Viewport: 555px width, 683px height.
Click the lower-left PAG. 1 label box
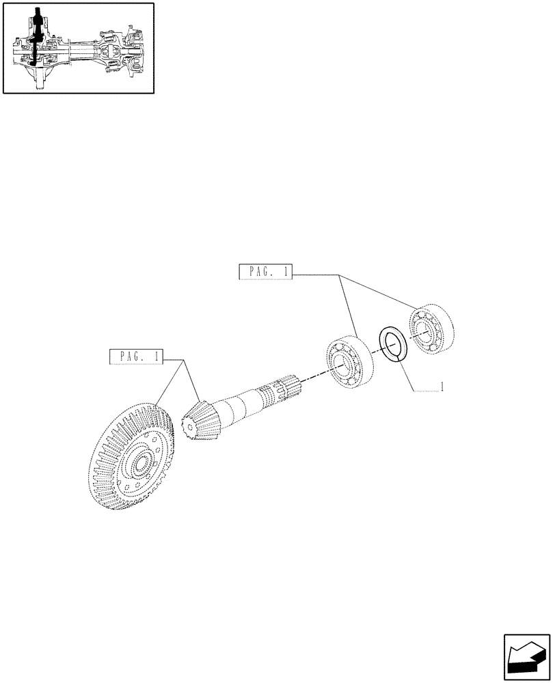[x=137, y=356]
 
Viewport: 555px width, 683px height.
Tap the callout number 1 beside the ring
[x=443, y=387]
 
